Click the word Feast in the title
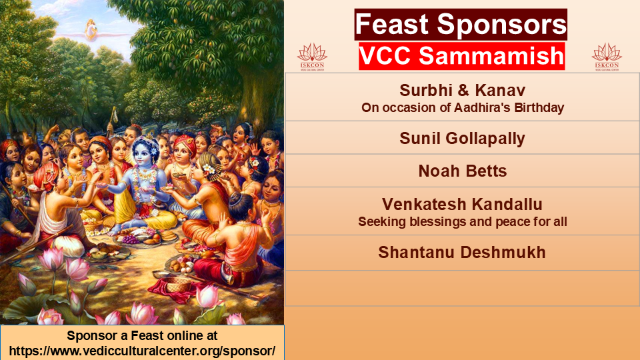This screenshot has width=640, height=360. click(x=392, y=24)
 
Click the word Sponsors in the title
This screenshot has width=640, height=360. click(x=502, y=25)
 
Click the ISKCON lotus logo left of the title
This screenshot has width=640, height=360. click(x=312, y=57)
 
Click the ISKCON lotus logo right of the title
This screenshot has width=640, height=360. click(x=607, y=57)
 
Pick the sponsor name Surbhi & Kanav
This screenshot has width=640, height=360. click(x=462, y=90)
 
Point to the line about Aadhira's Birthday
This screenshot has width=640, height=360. click(x=463, y=108)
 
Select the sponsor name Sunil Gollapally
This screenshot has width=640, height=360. click(x=462, y=139)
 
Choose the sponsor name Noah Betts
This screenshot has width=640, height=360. click(x=463, y=171)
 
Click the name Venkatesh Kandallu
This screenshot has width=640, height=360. click(x=462, y=204)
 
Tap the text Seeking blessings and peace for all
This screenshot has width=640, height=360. click(x=463, y=221)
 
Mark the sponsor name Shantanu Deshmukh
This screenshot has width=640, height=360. click(x=462, y=252)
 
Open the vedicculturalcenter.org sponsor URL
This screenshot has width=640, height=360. click(x=142, y=351)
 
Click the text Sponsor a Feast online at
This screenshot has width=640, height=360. click(x=142, y=335)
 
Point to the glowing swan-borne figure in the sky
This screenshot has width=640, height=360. click(x=91, y=30)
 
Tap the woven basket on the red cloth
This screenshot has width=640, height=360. click(x=179, y=285)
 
